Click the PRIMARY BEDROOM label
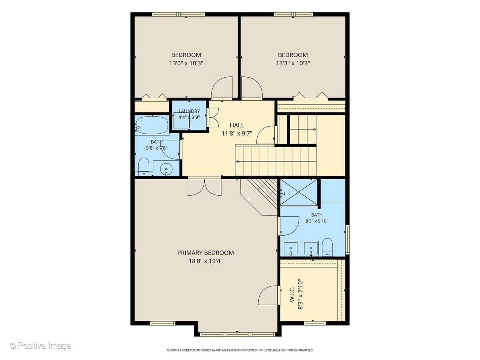pos(205,253)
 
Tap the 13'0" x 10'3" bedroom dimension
pos(186,63)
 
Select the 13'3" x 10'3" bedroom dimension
pos(293,63)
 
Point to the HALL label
pos(237,125)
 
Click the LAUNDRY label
pos(189,111)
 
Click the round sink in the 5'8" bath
pos(166,169)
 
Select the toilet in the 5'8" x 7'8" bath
pos(144,166)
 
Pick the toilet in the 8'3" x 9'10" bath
pos(327,247)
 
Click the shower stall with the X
pos(299,192)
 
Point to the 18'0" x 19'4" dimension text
pos(205,261)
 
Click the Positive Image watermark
pos(41,345)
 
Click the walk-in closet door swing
pos(268,295)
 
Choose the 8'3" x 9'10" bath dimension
pos(317,221)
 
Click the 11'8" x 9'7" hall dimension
pos(237,133)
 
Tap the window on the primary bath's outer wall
pos(347,239)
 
